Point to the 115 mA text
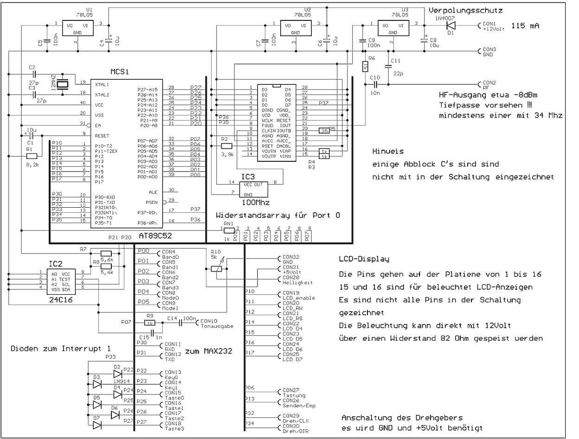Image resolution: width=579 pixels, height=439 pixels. [525, 26]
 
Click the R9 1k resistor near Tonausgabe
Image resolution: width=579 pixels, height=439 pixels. [150, 323]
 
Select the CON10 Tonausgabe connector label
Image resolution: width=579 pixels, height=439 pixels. [216, 323]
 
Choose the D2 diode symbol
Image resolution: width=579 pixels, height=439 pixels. [118, 374]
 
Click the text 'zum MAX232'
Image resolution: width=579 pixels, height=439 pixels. [208, 351]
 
